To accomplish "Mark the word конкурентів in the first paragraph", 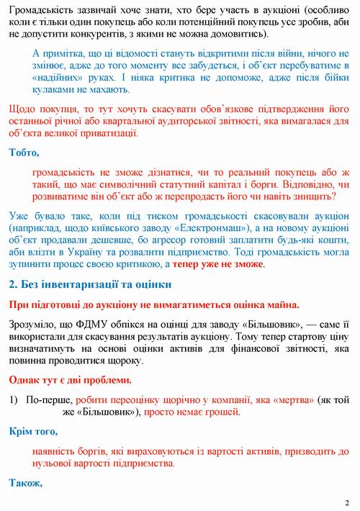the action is click(109, 34).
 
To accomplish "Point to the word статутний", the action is click(140, 185).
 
